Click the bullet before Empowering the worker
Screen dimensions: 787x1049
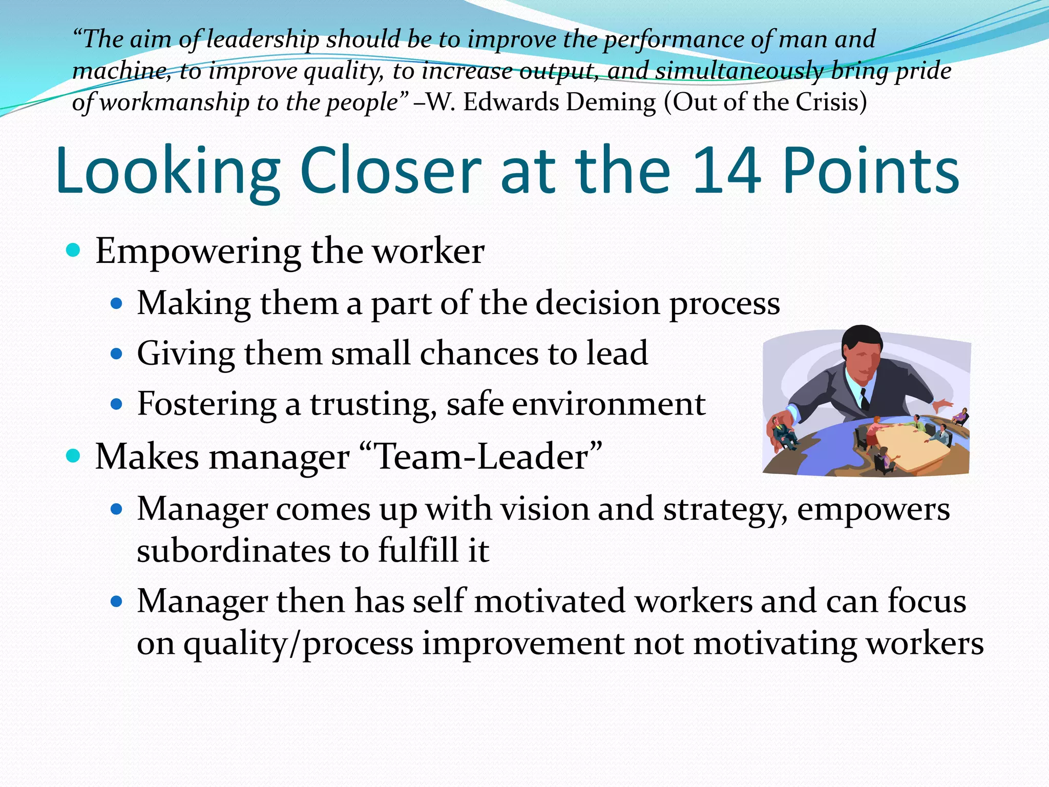(x=74, y=251)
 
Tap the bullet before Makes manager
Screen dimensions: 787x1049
(x=74, y=455)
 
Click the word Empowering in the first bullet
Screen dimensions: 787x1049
(x=198, y=252)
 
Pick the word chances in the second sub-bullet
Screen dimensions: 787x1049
(x=478, y=353)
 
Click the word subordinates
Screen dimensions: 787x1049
(x=234, y=551)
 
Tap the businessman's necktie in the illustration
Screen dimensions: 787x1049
(x=864, y=399)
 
